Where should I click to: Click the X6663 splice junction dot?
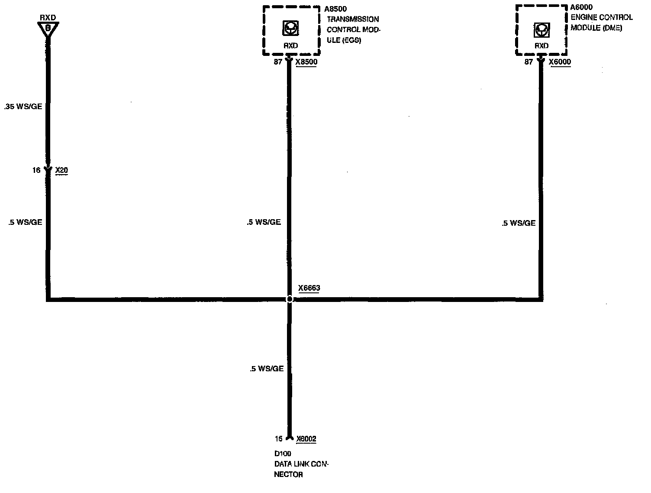pos(290,299)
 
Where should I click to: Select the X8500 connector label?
pos(306,62)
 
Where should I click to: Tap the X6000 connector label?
pos(560,62)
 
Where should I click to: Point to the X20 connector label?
pos(62,170)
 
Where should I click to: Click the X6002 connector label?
pos(306,439)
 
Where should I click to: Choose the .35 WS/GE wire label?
pos(23,107)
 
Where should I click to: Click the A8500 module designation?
pos(335,9)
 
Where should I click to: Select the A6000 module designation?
pos(581,7)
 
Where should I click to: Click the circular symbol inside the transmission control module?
pos(290,29)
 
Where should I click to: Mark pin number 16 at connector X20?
pos(36,170)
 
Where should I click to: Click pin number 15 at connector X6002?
pos(278,439)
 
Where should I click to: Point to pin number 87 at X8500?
pos(278,62)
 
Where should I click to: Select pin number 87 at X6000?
pos(529,62)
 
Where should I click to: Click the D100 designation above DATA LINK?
pos(283,454)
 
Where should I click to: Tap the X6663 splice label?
pos(309,288)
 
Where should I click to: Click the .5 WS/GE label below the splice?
pos(267,369)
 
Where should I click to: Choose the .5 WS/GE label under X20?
pos(25,222)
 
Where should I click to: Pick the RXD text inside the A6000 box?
pos(541,46)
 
